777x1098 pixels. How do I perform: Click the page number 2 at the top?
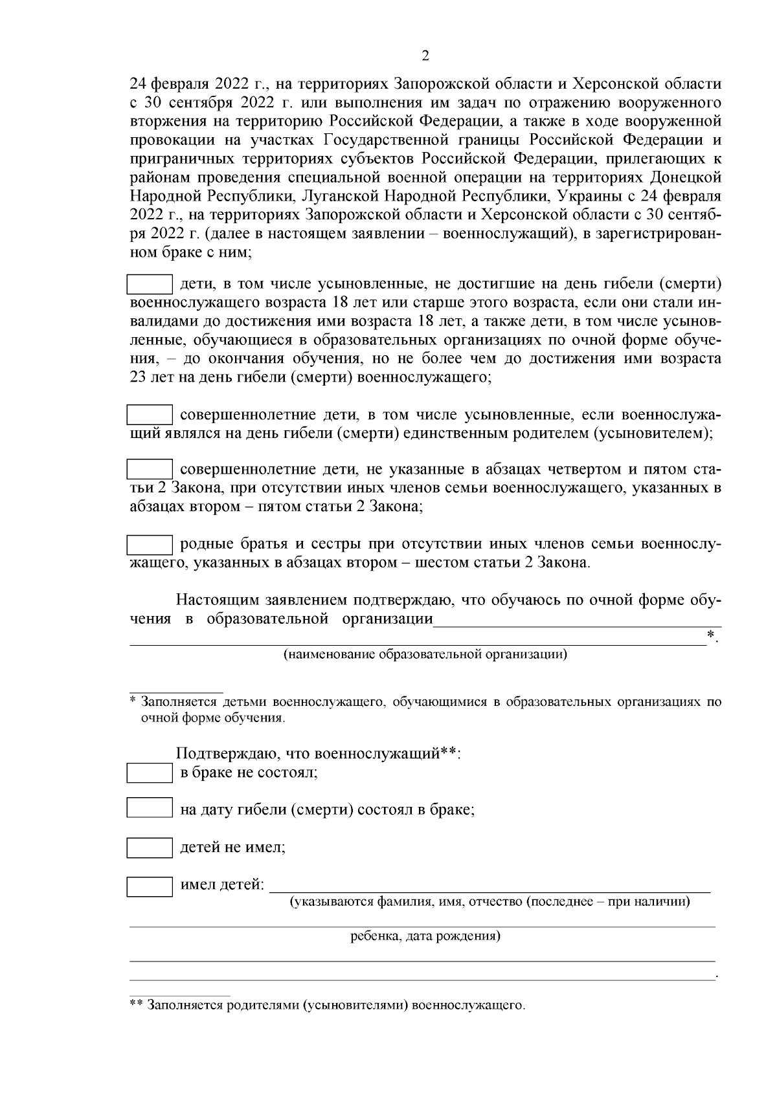pos(425,56)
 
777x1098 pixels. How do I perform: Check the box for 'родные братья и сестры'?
pos(150,545)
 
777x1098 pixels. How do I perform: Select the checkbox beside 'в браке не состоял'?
pos(150,773)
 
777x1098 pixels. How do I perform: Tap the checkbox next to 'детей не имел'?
pos(150,847)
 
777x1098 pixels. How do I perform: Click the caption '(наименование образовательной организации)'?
pos(425,655)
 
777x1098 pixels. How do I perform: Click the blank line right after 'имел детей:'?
pos(489,886)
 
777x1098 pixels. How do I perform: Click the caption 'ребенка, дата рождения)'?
pos(425,936)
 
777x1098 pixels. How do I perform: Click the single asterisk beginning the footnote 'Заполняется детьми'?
pos(133,701)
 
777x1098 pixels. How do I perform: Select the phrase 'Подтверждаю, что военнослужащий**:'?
pos(318,754)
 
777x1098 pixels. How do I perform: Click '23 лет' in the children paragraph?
pos(148,377)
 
